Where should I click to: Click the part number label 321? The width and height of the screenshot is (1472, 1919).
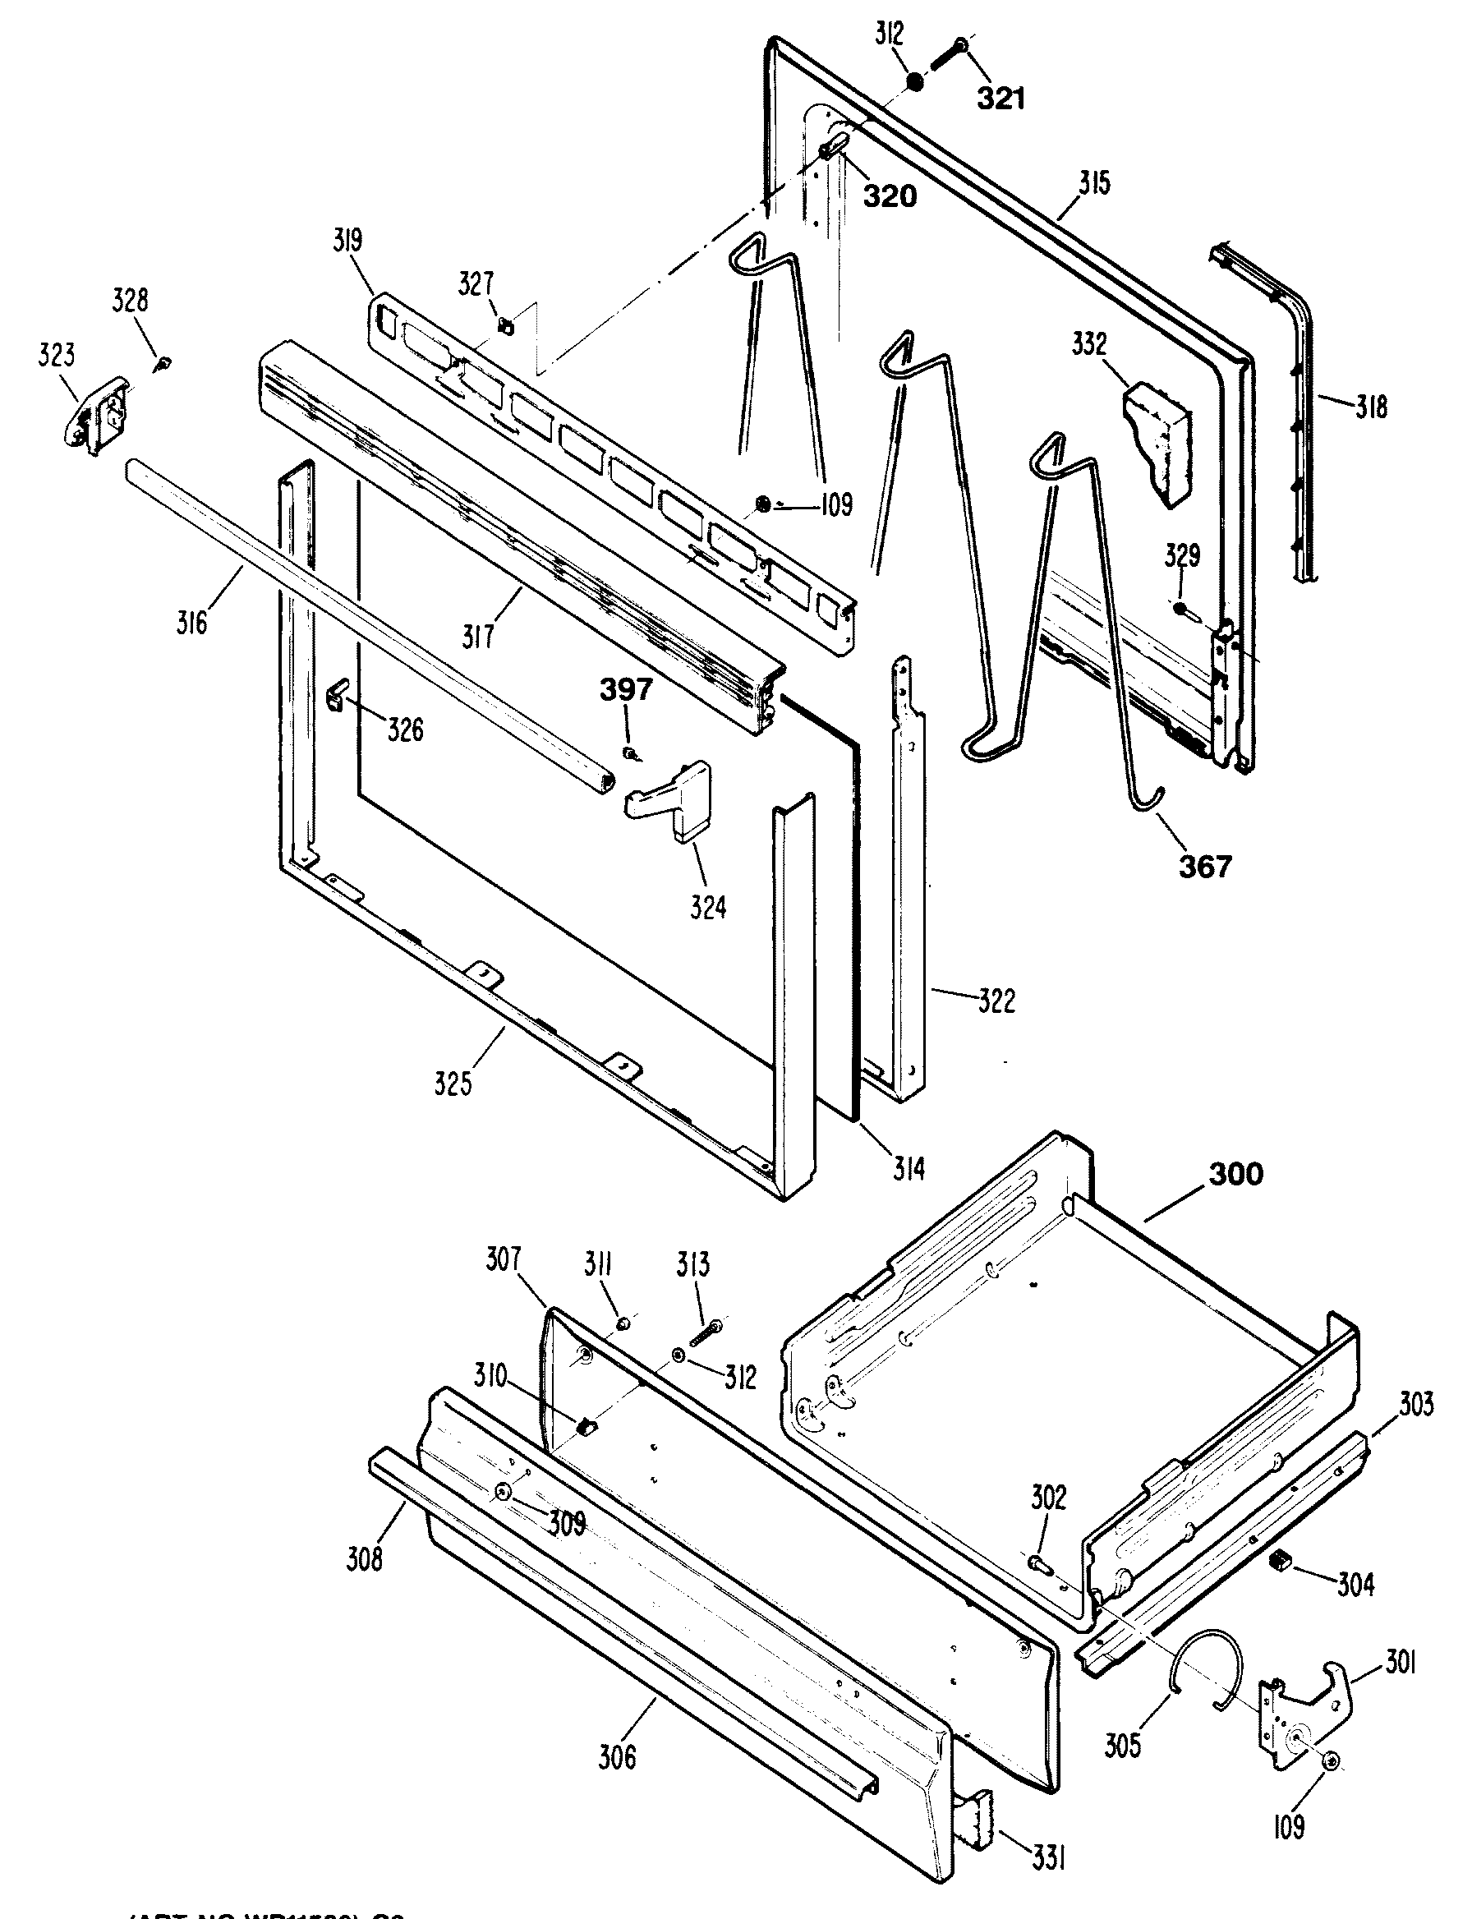(x=1000, y=99)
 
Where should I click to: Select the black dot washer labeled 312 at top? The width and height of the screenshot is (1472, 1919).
(x=914, y=82)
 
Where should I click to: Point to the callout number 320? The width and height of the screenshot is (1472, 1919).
(x=890, y=196)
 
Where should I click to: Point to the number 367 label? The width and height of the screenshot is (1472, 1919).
(x=1206, y=866)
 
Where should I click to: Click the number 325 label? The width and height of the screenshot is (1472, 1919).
(x=453, y=1084)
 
